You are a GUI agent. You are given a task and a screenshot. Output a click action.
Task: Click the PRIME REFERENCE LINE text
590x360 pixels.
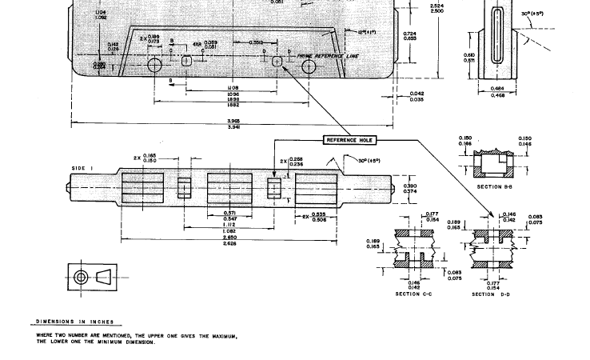pyautogui.click(x=329, y=57)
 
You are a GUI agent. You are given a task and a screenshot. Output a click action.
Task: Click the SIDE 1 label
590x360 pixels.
pyautogui.click(x=82, y=167)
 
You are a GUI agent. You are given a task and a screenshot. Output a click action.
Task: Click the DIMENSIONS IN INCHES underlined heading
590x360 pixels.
pyautogui.click(x=74, y=322)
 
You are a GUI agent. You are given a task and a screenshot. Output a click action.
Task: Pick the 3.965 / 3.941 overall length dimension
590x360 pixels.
pyautogui.click(x=234, y=124)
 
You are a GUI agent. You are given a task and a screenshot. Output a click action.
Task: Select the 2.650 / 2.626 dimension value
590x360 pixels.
pyautogui.click(x=229, y=240)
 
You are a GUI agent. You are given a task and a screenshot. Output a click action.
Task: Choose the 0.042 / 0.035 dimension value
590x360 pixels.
pyautogui.click(x=417, y=97)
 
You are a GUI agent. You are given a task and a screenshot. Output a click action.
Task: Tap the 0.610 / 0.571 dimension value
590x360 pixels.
pyautogui.click(x=469, y=58)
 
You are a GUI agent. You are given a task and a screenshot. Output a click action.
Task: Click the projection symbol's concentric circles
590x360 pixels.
pyautogui.click(x=81, y=278)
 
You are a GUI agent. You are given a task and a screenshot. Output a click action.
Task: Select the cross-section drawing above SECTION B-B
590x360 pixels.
pyautogui.click(x=494, y=166)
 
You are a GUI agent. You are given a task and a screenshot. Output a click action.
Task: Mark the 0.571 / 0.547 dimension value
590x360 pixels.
pyautogui.click(x=229, y=216)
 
